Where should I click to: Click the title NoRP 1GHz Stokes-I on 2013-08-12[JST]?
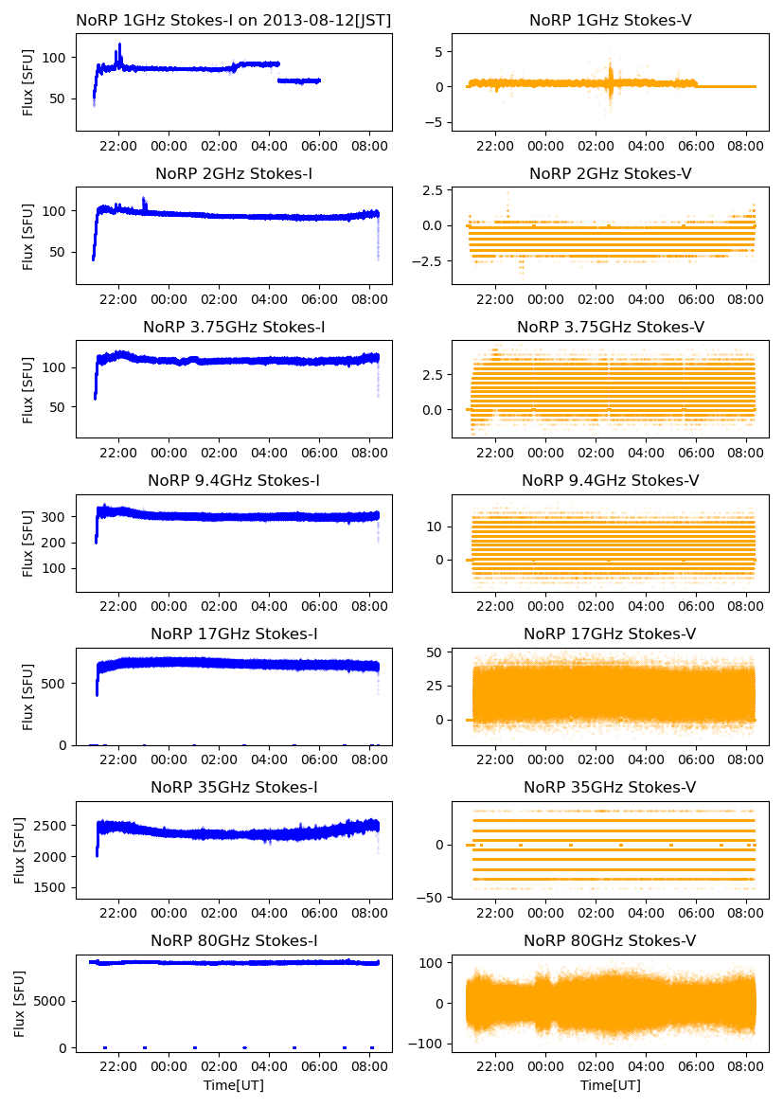234,20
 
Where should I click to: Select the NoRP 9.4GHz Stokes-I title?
234,480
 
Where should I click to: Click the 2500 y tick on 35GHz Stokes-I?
53,826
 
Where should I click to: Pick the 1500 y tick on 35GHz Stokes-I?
53,888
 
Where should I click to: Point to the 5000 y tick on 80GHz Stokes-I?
53,1000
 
